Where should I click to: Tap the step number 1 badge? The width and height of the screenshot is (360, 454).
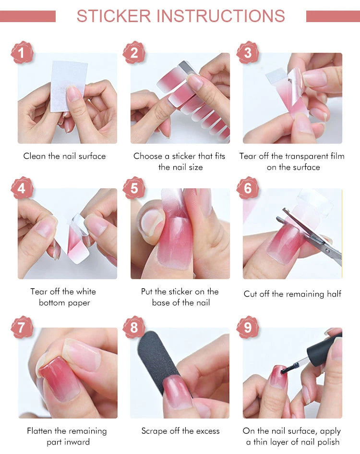click(x=22, y=52)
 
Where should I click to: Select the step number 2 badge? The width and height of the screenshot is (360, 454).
click(x=134, y=52)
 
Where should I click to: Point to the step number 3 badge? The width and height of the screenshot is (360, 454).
click(x=248, y=52)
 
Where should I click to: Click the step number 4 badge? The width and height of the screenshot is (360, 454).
click(x=22, y=188)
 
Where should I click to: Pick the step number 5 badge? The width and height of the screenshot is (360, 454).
click(x=134, y=188)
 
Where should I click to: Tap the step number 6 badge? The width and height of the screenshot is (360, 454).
click(x=248, y=188)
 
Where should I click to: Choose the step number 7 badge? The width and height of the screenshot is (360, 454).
click(x=22, y=327)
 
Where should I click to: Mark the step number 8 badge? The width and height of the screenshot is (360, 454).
click(x=134, y=327)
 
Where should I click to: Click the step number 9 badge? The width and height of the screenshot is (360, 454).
click(x=248, y=327)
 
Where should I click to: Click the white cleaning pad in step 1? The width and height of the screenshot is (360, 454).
click(x=67, y=79)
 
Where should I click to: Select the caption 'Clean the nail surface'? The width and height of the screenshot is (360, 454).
click(x=64, y=156)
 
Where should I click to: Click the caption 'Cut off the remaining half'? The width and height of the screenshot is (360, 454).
click(x=292, y=294)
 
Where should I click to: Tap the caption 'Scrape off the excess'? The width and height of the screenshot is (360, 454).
click(x=180, y=431)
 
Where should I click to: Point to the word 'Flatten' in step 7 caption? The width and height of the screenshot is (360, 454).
click(x=39, y=431)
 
